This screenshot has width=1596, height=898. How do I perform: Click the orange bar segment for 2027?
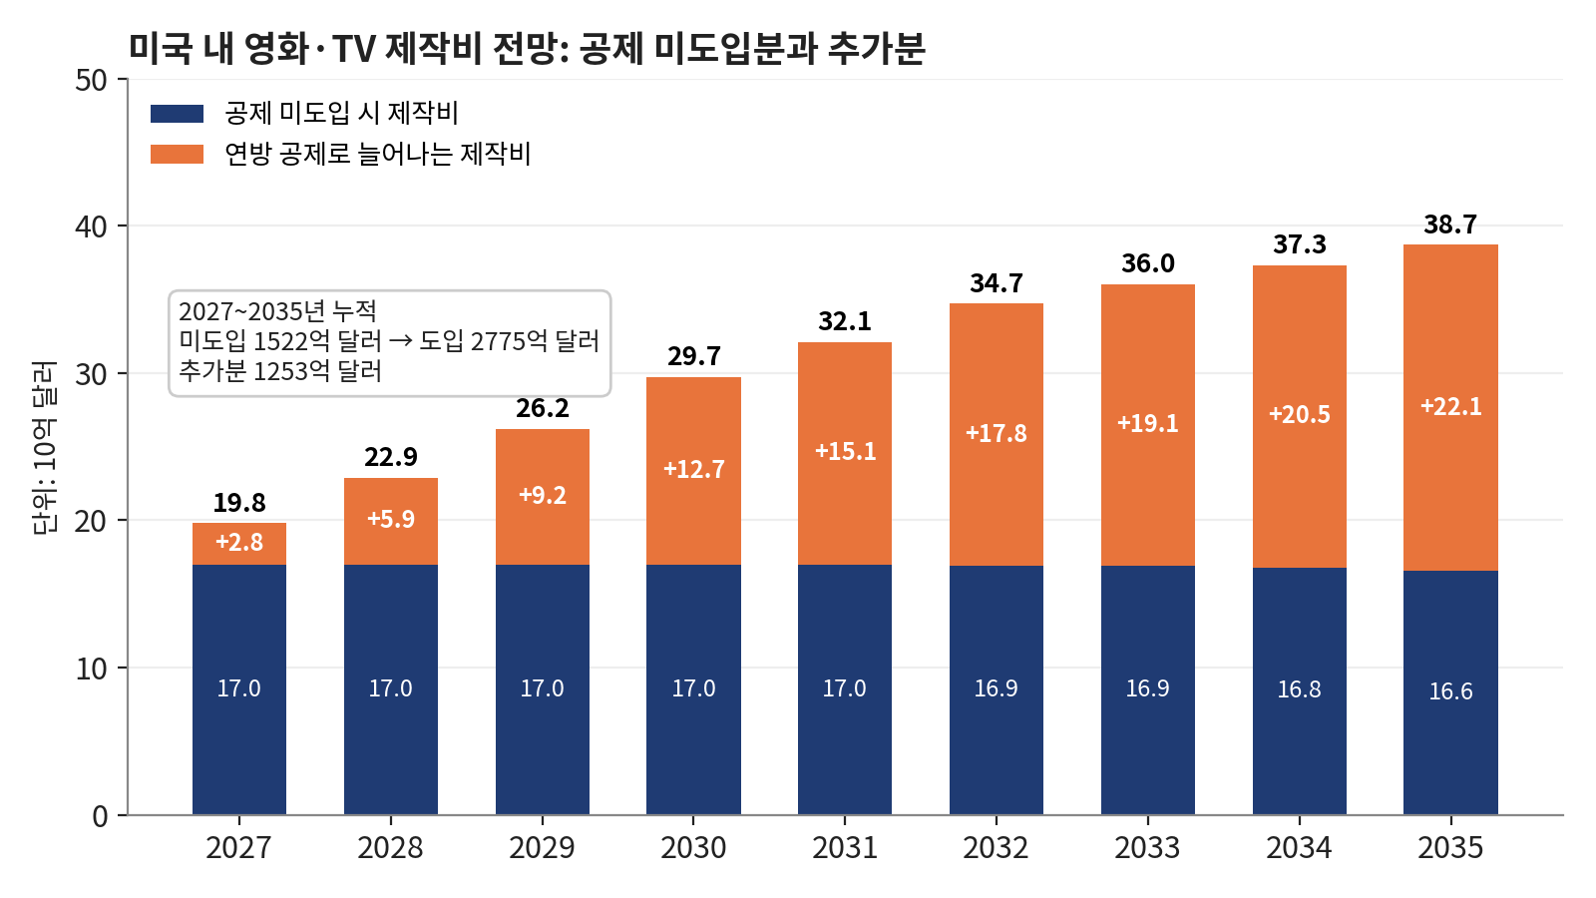239,545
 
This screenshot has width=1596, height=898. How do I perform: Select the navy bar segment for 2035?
1450,692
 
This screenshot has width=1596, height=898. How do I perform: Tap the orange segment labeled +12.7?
694,471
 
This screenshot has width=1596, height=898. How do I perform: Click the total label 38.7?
1450,225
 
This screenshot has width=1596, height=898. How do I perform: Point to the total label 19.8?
239,503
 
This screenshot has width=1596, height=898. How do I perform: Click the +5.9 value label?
391,519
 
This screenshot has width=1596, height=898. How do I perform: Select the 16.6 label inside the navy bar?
1450,691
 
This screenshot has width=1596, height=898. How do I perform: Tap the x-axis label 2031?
845,848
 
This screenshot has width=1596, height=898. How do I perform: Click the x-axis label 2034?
1300,848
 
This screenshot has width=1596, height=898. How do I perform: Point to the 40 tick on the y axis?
91,226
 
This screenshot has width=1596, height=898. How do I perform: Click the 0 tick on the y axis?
100,816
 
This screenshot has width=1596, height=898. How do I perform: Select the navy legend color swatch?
177,114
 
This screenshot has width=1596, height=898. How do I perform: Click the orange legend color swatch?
177,154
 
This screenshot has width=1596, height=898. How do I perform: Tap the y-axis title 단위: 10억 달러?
44,448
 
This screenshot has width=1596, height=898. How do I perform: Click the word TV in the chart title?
353,50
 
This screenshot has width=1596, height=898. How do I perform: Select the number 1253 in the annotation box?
278,371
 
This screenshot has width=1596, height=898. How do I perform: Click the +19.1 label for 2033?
1148,423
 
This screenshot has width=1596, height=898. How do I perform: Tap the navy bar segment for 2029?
543,689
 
